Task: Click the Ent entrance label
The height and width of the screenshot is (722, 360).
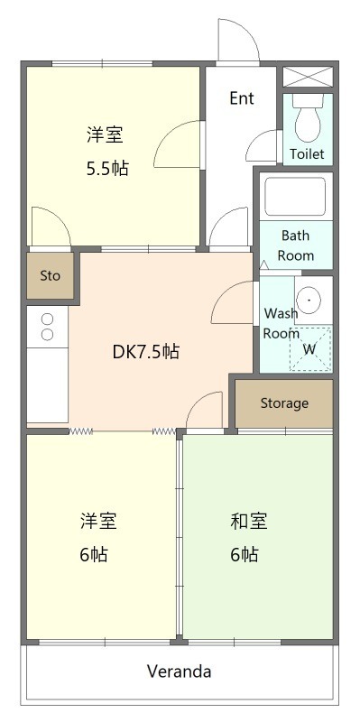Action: click(x=241, y=98)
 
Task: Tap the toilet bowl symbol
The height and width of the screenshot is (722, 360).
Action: click(x=309, y=122)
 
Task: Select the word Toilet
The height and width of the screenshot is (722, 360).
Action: click(x=307, y=154)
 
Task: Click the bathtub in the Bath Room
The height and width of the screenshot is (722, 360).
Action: click(x=295, y=197)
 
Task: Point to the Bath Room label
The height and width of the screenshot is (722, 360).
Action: click(x=295, y=245)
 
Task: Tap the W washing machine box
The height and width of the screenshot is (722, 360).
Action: click(x=309, y=348)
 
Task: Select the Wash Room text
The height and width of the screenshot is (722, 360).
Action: click(x=281, y=323)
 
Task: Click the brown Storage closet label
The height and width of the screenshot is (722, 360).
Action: click(x=284, y=403)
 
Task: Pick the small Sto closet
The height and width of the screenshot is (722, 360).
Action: click(x=50, y=276)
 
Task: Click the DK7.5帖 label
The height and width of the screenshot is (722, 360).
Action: click(x=145, y=352)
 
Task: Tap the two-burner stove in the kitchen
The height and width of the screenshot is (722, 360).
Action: click(x=47, y=327)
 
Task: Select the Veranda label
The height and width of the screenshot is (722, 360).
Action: click(x=180, y=671)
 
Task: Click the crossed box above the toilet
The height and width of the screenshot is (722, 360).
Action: click(x=308, y=76)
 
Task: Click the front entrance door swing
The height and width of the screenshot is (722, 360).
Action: click(x=232, y=41)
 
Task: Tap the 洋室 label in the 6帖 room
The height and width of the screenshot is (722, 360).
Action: click(x=98, y=522)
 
